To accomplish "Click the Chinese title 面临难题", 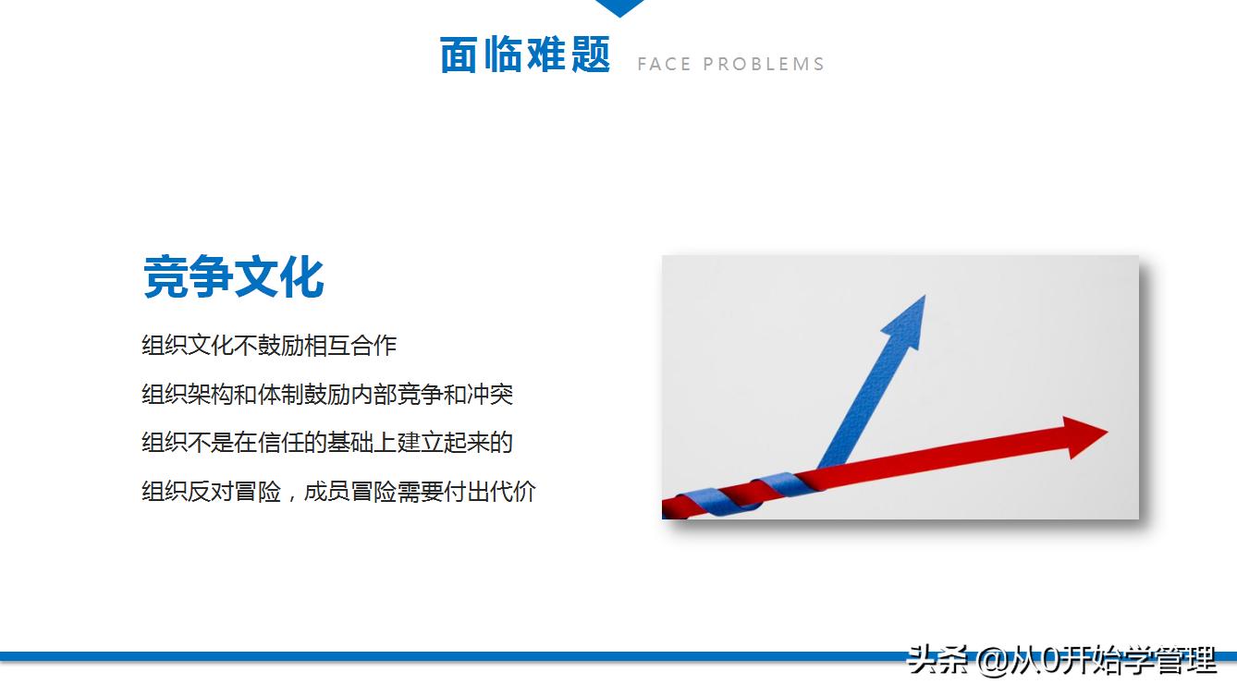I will click(x=524, y=55).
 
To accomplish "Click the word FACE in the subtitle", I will click(x=664, y=65).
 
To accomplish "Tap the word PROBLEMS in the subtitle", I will click(x=764, y=65).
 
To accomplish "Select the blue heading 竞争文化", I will click(x=233, y=276).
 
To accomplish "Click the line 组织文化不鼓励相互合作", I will click(x=268, y=346).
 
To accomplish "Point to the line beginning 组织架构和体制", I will click(x=326, y=395).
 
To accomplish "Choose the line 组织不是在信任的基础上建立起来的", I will click(x=326, y=443).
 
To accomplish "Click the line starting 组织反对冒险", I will click(x=338, y=491).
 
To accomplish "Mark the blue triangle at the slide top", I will click(x=619, y=7).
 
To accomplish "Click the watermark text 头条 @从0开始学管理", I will click(x=1061, y=661).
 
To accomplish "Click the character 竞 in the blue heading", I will click(x=165, y=276).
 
